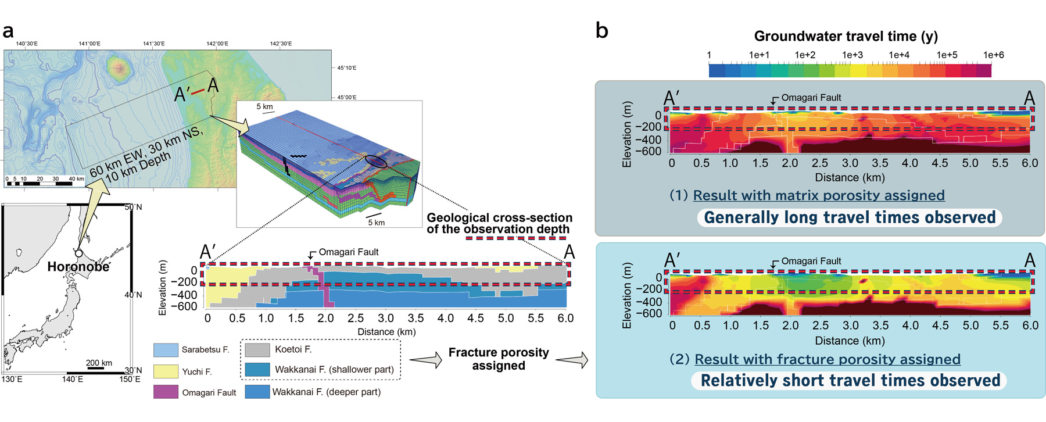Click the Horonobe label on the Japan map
pyautogui.click(x=78, y=267)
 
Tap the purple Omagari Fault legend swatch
pyautogui.click(x=166, y=392)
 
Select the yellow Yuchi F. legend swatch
pyautogui.click(x=166, y=371)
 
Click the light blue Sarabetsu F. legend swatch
pyautogui.click(x=166, y=350)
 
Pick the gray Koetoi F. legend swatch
pyautogui.click(x=257, y=350)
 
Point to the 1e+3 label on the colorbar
pyautogui.click(x=852, y=55)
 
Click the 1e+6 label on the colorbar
pyautogui.click(x=993, y=55)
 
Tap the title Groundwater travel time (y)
pyautogui.click(x=846, y=36)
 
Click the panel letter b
pyautogui.click(x=602, y=30)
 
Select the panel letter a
pyautogui.click(x=8, y=31)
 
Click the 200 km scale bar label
pyautogui.click(x=99, y=363)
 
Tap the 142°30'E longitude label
pyautogui.click(x=281, y=44)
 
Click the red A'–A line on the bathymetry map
pyautogui.click(x=198, y=91)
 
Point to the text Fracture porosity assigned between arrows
pyautogui.click(x=499, y=359)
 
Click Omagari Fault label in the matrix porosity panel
pyautogui.click(x=811, y=98)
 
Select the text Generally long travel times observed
pyautogui.click(x=850, y=217)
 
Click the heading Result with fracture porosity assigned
pyautogui.click(x=828, y=359)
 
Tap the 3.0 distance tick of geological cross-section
pyautogui.click(x=386, y=319)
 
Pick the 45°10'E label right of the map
pyautogui.click(x=347, y=68)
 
